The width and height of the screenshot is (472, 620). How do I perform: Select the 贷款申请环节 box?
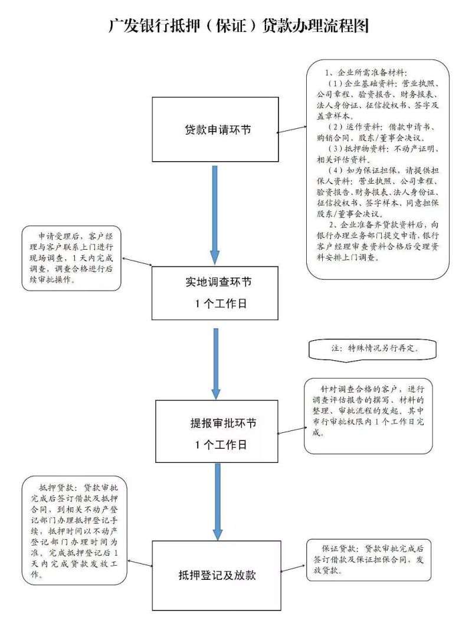coord(216,129)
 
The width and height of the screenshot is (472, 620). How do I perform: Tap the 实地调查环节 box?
coord(216,293)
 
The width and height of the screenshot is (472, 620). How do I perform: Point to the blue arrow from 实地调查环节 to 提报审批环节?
coord(216,363)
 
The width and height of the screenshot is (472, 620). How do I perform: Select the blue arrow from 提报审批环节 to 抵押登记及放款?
coord(217,501)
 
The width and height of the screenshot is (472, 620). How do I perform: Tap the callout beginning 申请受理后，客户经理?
coord(71,258)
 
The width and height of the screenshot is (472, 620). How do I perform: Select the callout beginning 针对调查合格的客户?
coord(368,416)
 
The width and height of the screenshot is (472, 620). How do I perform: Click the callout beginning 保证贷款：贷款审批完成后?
coord(369,559)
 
